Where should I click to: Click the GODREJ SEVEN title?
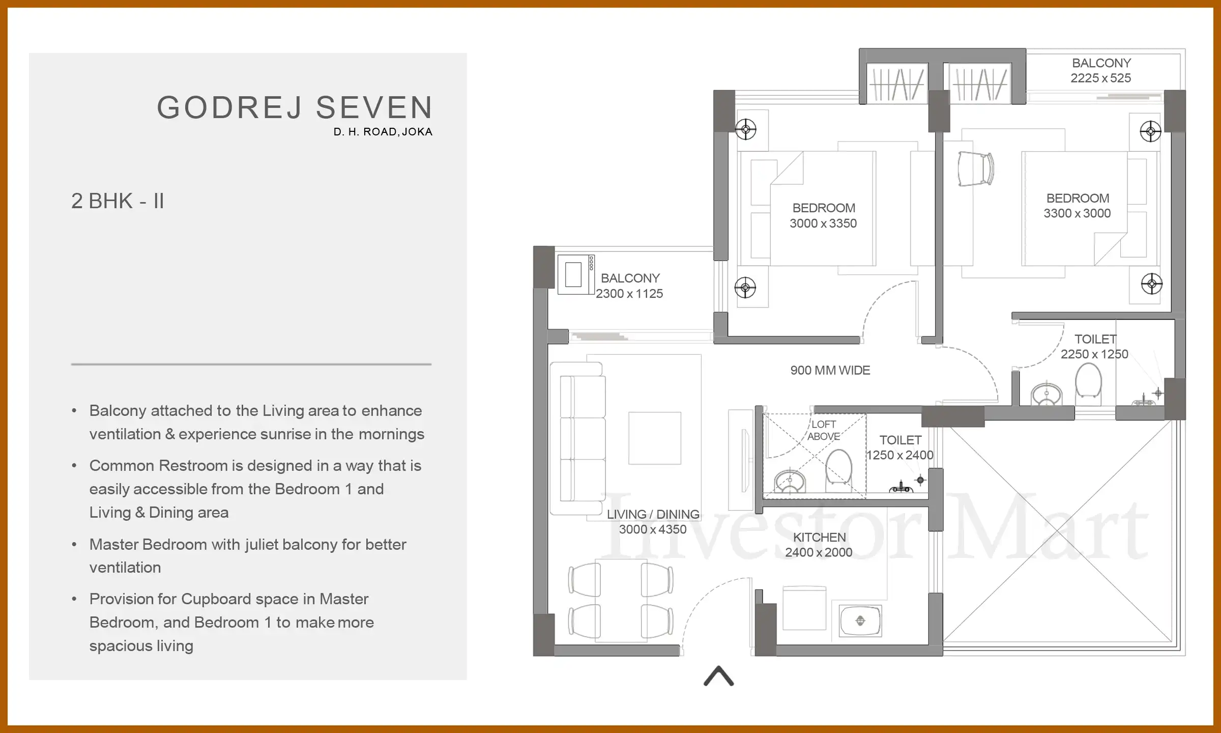click(295, 108)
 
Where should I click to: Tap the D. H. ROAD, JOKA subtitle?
click(383, 132)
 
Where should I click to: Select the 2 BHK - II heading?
click(118, 201)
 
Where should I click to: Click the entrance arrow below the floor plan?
click(718, 676)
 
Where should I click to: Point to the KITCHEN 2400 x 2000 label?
click(819, 545)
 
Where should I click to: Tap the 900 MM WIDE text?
click(830, 371)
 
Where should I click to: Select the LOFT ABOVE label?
click(823, 430)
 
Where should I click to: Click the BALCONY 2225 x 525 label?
click(1101, 70)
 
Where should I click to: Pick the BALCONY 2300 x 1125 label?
click(630, 286)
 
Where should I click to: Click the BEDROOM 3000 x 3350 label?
click(823, 215)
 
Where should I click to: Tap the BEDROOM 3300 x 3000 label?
click(1077, 206)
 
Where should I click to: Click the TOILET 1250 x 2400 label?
click(900, 447)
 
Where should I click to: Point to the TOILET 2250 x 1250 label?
click(1094, 347)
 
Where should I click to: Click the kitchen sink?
click(860, 621)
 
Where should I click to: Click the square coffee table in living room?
click(654, 438)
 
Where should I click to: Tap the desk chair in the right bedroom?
click(975, 169)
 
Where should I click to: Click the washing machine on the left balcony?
click(575, 274)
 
